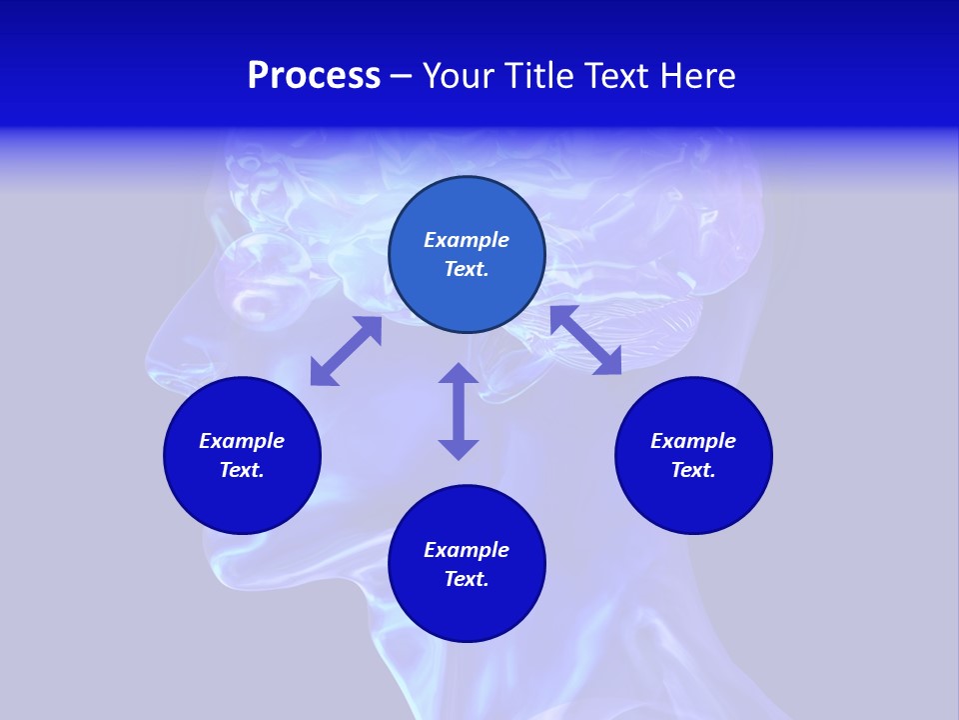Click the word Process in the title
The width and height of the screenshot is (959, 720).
(x=314, y=76)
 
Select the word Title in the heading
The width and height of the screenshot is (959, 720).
(x=540, y=76)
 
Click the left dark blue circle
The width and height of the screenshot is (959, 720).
(x=242, y=490)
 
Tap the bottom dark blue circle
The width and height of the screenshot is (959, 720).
(x=467, y=605)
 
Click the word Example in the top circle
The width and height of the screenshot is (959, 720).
(x=467, y=240)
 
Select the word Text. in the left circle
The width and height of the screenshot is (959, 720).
(x=242, y=470)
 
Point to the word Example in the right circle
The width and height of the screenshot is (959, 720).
(x=693, y=441)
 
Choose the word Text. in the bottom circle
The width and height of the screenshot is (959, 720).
(x=467, y=579)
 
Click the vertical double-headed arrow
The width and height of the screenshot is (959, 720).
(x=459, y=411)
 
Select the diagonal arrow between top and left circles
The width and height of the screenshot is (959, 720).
(x=346, y=351)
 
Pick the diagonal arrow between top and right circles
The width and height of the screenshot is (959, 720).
(x=586, y=340)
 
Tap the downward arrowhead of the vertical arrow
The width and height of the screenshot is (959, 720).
(x=459, y=448)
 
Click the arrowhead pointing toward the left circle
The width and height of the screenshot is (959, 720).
(x=322, y=373)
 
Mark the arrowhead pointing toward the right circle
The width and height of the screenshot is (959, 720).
(x=608, y=362)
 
